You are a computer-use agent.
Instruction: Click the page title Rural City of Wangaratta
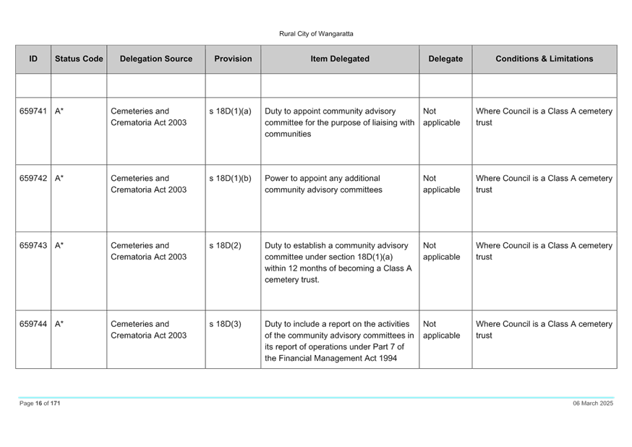316,34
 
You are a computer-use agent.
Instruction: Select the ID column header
33,59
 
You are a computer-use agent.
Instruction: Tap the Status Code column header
79,59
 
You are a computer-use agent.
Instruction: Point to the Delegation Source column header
156,59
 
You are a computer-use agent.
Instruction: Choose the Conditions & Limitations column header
545,59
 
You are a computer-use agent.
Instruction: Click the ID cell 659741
33,111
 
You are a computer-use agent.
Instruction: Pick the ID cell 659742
33,179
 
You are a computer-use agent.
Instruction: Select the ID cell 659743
33,245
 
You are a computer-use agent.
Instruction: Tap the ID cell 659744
33,324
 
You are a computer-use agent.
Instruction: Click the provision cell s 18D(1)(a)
230,111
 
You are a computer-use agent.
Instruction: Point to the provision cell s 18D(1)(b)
230,179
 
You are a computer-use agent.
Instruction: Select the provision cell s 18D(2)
226,245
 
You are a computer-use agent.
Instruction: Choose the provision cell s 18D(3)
226,324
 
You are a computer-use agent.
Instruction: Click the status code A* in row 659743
59,245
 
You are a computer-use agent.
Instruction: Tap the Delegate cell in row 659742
441,184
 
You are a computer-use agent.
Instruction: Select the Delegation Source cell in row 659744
149,330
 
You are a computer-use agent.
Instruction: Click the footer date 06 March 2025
593,404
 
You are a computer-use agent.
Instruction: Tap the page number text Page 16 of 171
40,404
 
